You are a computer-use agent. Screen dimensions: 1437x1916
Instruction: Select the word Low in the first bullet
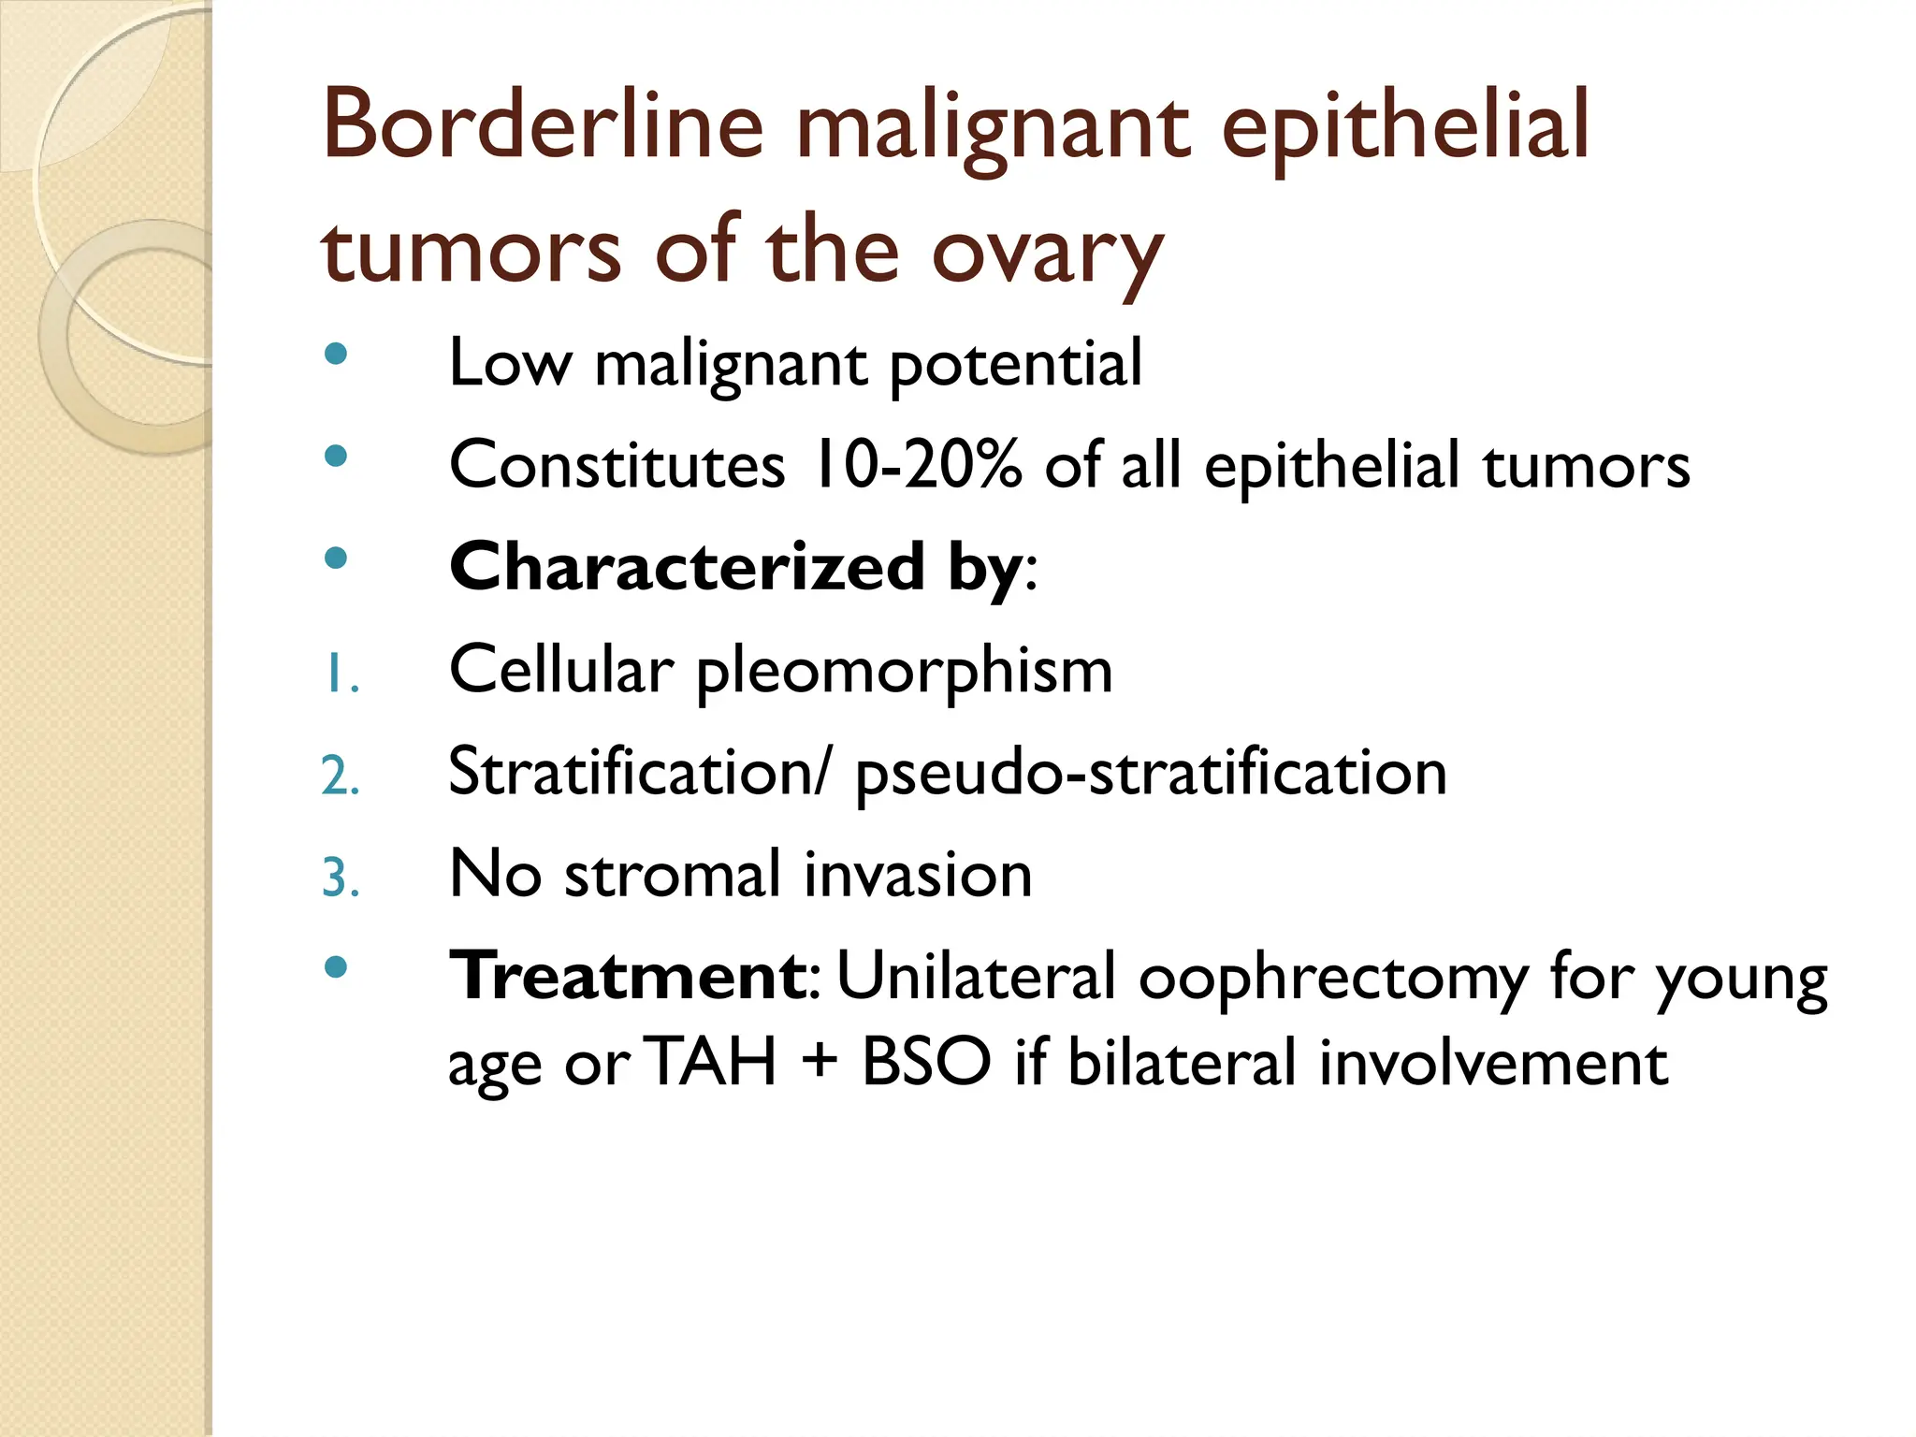point(509,363)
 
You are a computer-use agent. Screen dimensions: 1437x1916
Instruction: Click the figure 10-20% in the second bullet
point(917,465)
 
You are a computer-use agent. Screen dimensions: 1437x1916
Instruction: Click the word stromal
point(673,875)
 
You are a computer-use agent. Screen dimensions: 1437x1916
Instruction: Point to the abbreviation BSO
point(926,1064)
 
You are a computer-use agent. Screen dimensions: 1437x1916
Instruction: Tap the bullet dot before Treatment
point(335,967)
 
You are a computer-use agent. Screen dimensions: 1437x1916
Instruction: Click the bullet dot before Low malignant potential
point(335,355)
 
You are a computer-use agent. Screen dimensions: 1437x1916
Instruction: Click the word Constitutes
point(617,465)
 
